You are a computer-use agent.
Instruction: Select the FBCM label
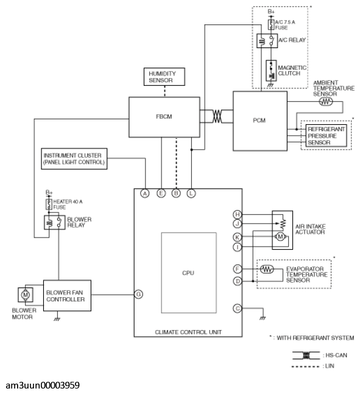[x=164, y=116]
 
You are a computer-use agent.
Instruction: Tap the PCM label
[x=259, y=121]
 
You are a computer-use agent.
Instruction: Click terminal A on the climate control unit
[x=145, y=194]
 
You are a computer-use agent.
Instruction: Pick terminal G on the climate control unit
[x=138, y=294]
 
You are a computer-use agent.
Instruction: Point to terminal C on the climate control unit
[x=238, y=308]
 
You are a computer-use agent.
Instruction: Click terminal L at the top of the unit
[x=191, y=194]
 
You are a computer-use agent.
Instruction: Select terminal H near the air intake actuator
[x=238, y=214]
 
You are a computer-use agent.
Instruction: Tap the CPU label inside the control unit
[x=188, y=273]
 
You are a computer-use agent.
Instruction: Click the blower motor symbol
[x=26, y=295]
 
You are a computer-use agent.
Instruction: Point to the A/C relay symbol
[x=267, y=41]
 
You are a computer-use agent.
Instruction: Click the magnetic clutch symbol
[x=271, y=71]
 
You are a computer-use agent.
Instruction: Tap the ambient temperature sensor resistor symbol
[x=326, y=102]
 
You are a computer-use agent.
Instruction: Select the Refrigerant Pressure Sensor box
[x=326, y=136]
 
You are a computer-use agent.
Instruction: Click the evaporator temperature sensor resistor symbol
[x=267, y=269]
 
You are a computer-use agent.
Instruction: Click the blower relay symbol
[x=55, y=222]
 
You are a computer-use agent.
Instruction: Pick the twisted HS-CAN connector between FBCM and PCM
[x=217, y=116]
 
